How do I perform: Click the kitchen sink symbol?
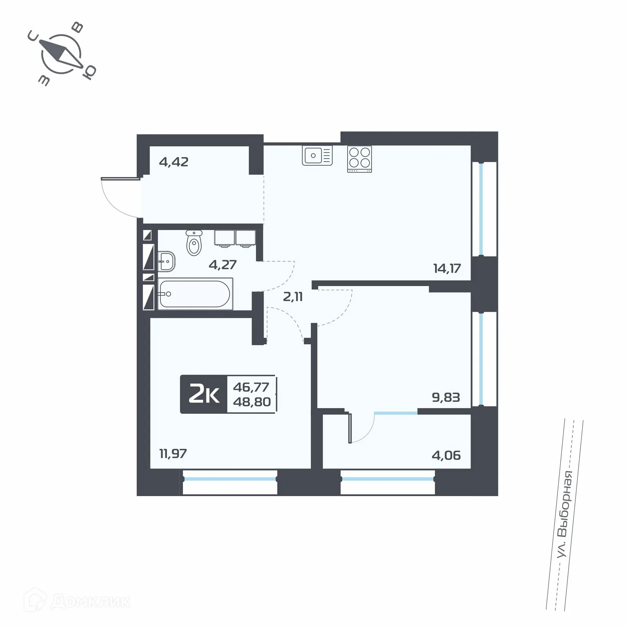tap(317, 156)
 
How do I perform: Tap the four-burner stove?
tap(359, 159)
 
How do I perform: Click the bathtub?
tap(195, 294)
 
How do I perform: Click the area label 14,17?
tap(447, 268)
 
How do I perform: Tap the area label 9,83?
tap(446, 397)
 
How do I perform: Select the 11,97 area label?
tap(173, 454)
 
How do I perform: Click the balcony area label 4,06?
tap(446, 455)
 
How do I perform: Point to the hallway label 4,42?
tap(174, 161)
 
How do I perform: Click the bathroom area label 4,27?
tap(223, 265)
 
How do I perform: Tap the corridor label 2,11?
tap(293, 297)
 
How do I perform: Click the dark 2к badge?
tap(204, 395)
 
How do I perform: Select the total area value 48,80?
tap(252, 402)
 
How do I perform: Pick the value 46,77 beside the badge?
tap(251, 387)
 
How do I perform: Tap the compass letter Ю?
tap(90, 72)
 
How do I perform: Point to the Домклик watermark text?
tap(90, 601)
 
